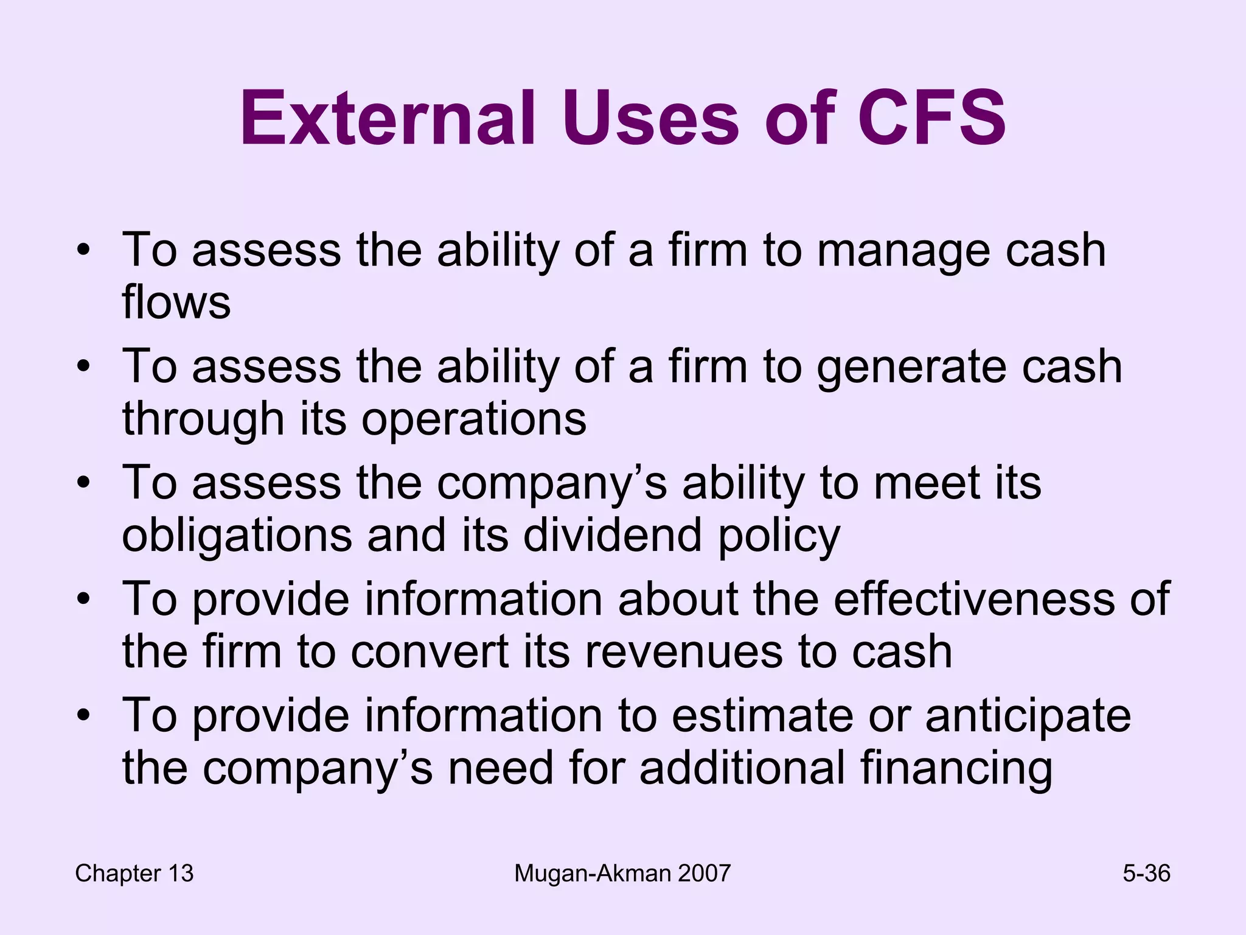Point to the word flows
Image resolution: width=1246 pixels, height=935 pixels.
coord(176,302)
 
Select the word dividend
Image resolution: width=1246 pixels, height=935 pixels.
coord(612,535)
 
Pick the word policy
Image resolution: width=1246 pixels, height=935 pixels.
coord(779,536)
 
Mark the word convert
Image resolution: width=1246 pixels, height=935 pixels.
coord(430,652)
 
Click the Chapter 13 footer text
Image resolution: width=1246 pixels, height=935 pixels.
coord(134,874)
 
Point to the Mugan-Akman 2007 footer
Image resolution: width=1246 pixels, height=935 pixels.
coord(622,874)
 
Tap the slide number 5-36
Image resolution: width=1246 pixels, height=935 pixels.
coord(1146,874)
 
